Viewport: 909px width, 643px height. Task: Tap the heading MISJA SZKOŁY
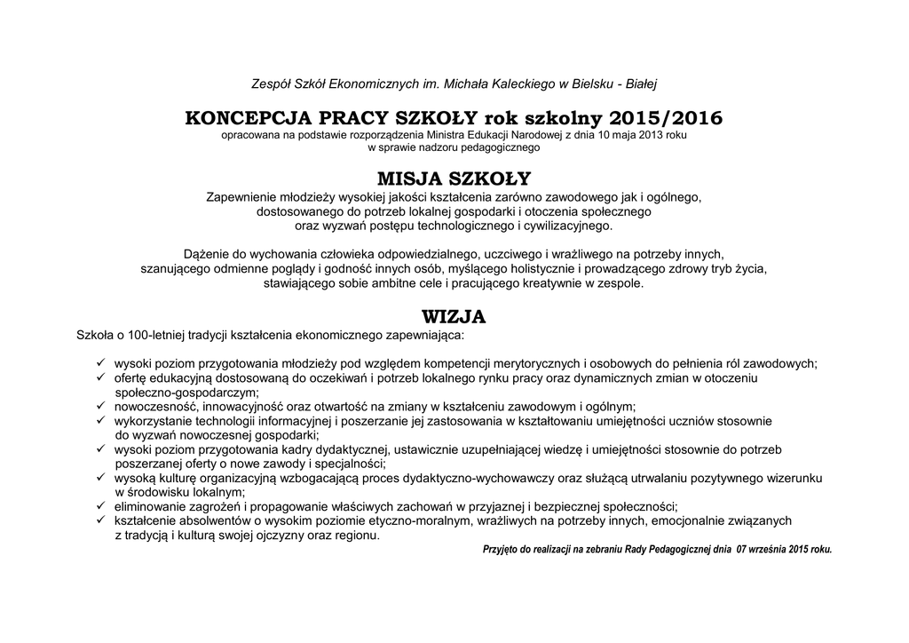[454, 179]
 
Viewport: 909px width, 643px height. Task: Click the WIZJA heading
[454, 317]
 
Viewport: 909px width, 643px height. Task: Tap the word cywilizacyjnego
[568, 226]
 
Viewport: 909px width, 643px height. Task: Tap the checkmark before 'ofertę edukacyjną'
[101, 377]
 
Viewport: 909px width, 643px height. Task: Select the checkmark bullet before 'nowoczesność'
[101, 406]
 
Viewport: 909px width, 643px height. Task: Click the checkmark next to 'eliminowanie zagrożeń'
[101, 505]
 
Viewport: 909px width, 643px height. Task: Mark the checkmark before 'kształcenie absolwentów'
[101, 520]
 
